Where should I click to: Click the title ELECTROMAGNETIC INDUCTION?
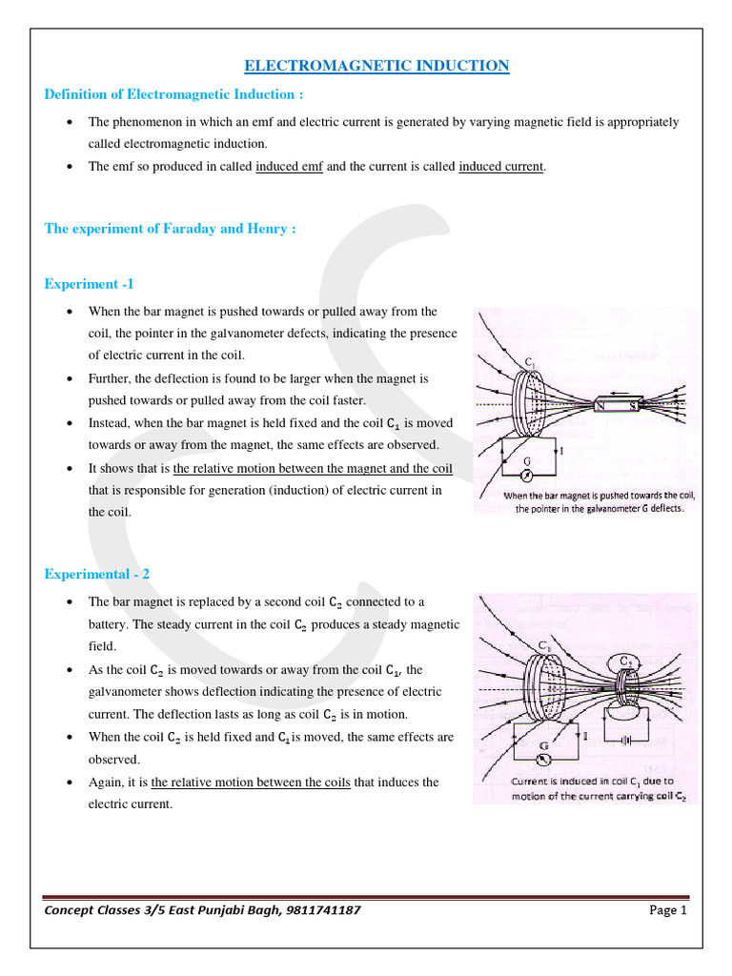pos(376,66)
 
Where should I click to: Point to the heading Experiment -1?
pos(92,284)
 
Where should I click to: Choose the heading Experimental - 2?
pos(97,574)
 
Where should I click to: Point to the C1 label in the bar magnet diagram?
pos(529,361)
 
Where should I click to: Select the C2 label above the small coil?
pos(626,661)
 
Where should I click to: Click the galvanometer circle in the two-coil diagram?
pos(542,759)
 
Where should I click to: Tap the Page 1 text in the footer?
pos(668,909)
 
